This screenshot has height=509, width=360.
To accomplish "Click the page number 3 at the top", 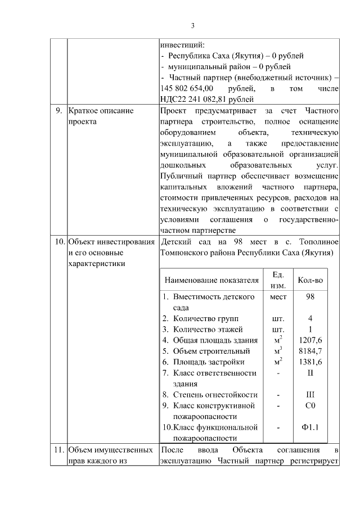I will click(x=192, y=25).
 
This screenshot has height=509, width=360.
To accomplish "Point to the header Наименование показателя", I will click(x=211, y=280).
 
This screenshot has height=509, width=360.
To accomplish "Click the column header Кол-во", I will click(x=310, y=280).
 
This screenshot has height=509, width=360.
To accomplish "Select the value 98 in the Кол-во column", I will click(x=310, y=296).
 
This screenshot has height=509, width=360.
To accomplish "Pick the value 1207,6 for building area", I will click(x=310, y=340).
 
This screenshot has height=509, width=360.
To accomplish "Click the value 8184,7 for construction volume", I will click(x=310, y=351).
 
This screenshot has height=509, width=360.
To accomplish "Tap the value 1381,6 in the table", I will click(x=310, y=362).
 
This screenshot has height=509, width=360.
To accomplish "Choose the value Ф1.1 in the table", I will click(x=310, y=427).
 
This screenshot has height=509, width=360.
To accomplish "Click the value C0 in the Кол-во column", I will click(x=310, y=405).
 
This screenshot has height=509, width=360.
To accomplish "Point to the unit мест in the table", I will click(x=278, y=296).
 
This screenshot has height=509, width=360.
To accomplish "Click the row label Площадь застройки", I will click(x=208, y=362).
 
